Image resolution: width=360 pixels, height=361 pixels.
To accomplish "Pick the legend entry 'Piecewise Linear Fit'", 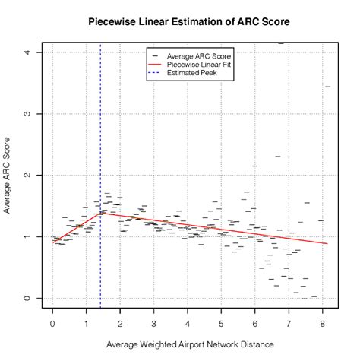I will (199, 65).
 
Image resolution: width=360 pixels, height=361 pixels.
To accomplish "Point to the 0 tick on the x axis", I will (52, 322).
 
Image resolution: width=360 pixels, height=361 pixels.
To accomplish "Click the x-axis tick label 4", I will (188, 322).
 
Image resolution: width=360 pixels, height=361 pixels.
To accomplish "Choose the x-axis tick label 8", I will (323, 322).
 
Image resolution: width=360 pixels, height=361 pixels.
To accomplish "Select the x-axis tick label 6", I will (255, 322).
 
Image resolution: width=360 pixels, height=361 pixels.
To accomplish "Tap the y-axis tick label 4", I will (27, 52).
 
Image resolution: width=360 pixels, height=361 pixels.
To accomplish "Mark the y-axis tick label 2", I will (27, 176).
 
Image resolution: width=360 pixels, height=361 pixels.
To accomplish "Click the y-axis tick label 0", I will (27, 298).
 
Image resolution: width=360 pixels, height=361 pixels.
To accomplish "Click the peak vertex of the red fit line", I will (100, 213).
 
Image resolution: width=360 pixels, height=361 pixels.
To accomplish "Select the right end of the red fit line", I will (328, 244).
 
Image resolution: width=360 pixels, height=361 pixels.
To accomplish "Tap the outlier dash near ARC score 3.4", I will (328, 87).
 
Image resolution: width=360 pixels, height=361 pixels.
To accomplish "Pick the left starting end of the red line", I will (55, 241).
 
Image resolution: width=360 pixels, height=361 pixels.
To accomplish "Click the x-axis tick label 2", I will (120, 322).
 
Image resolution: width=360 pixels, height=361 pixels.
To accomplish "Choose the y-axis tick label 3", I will (27, 114).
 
